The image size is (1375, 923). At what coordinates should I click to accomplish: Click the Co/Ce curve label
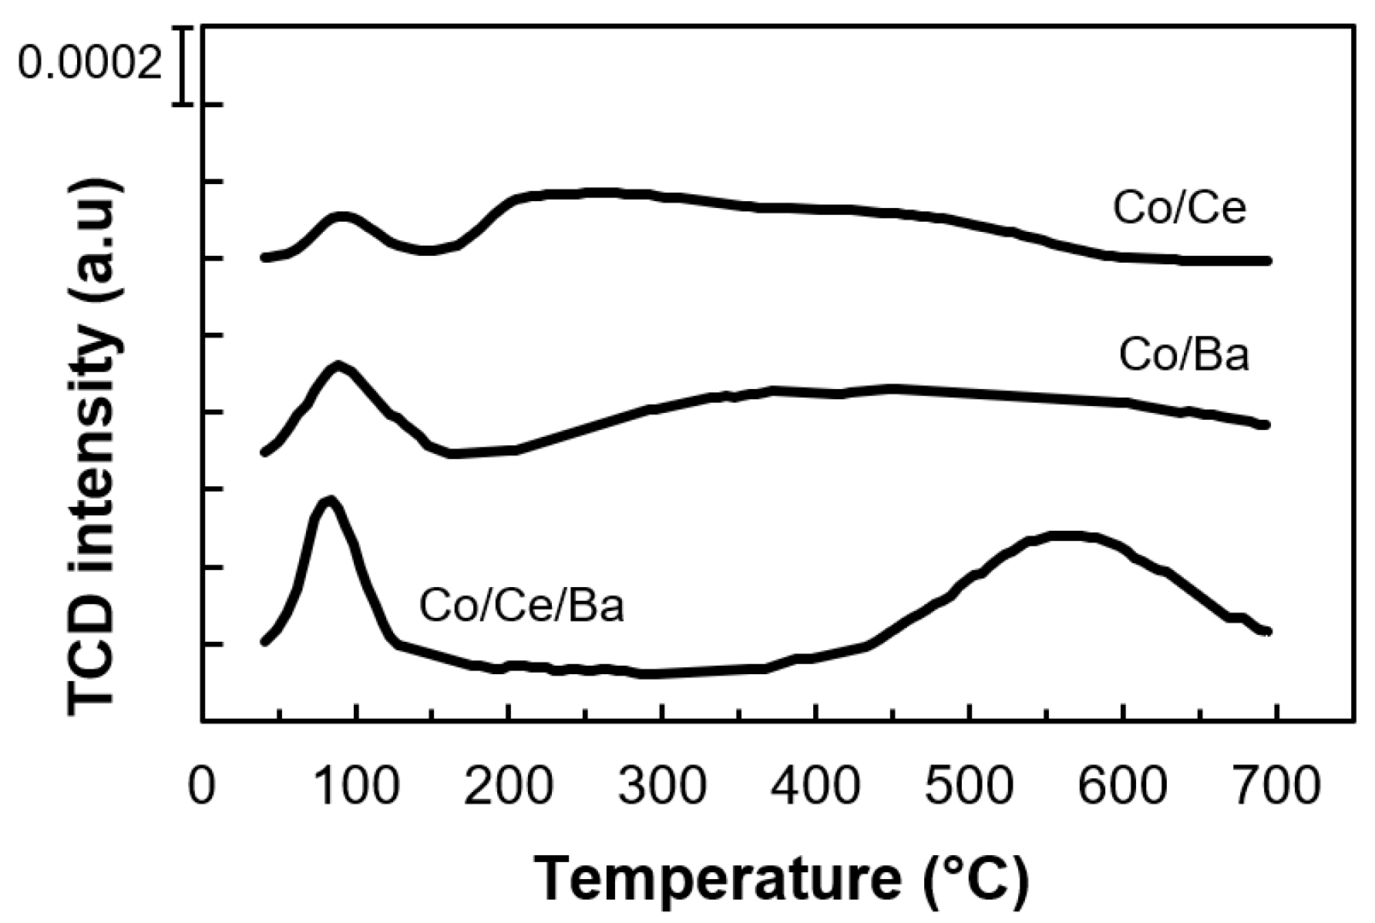point(1179,208)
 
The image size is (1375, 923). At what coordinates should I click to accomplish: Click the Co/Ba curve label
point(1184,356)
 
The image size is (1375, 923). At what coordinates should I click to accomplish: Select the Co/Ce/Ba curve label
point(521,606)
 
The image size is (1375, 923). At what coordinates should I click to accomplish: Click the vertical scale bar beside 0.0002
point(183,65)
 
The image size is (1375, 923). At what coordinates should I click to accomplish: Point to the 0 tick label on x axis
point(201,787)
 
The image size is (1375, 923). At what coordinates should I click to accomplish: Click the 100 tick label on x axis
point(355,787)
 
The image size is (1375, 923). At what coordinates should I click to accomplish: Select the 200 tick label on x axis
point(508,787)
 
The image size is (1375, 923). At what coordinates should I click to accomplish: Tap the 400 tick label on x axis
point(815,787)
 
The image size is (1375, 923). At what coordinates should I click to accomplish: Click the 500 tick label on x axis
point(969,787)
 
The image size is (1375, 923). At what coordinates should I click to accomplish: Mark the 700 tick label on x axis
point(1276,787)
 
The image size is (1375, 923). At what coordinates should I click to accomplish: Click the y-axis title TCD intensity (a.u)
point(94,447)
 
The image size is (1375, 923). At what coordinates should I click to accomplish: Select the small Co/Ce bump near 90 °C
point(342,216)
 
